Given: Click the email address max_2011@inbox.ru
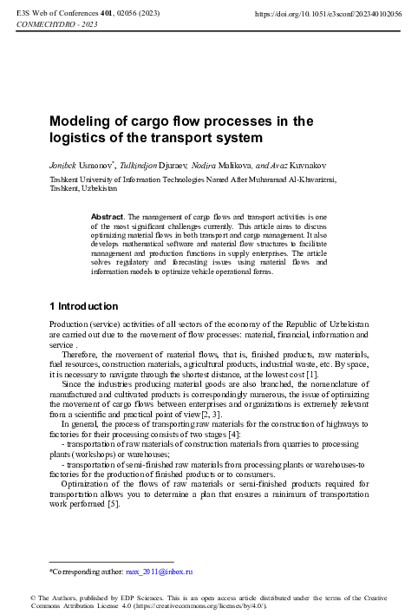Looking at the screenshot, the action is [x=159, y=572].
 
